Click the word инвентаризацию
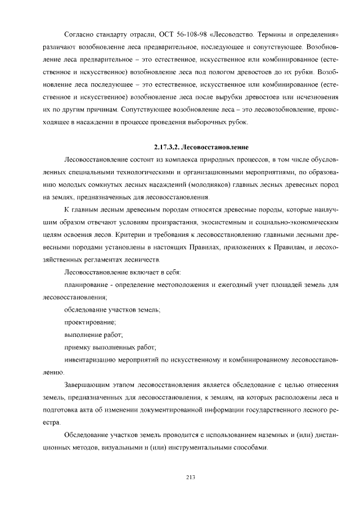[x=91, y=359]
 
